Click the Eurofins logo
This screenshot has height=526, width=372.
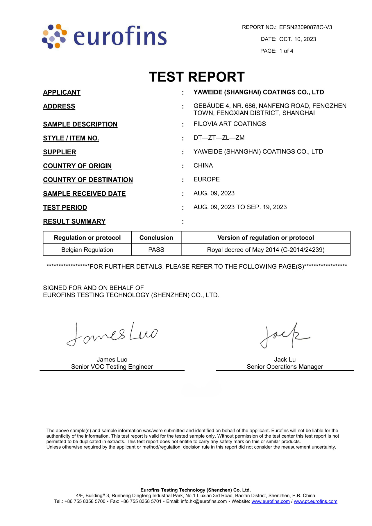pyautogui.click(x=104, y=36)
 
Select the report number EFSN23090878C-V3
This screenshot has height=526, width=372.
pyautogui.click(x=305, y=27)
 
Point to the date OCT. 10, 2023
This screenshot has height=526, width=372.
pyautogui.click(x=297, y=39)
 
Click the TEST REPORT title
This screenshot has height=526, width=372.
pyautogui.click(x=197, y=77)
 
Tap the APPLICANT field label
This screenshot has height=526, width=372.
pyautogui.click(x=62, y=92)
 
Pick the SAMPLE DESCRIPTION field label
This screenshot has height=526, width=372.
pyautogui.click(x=80, y=124)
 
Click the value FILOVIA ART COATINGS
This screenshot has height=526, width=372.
pyautogui.click(x=230, y=124)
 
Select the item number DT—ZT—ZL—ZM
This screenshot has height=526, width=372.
pyautogui.click(x=219, y=138)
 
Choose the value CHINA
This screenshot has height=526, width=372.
pyautogui.click(x=203, y=165)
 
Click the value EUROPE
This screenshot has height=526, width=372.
pyautogui.click(x=207, y=179)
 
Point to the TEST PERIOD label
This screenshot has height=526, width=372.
pyautogui.click(x=65, y=208)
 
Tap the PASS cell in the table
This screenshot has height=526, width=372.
pyautogui.click(x=156, y=250)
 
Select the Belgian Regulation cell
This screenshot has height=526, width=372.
pyautogui.click(x=87, y=250)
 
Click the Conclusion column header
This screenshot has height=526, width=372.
pyautogui.click(x=156, y=238)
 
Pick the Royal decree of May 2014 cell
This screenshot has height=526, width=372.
pyautogui.click(x=266, y=250)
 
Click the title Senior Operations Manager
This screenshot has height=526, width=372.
pyautogui.click(x=285, y=367)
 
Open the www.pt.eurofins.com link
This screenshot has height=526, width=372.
pyautogui.click(x=315, y=501)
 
